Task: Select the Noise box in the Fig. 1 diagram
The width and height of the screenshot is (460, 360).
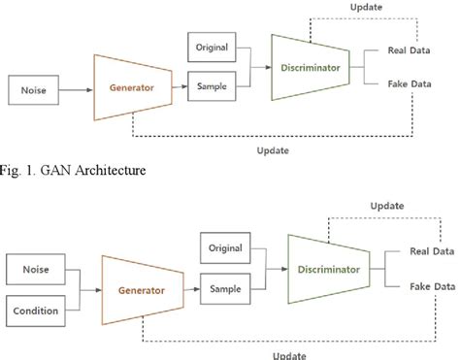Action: click(x=33, y=92)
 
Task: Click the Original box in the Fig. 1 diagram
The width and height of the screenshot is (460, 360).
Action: click(x=213, y=48)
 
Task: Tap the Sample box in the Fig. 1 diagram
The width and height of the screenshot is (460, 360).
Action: click(x=213, y=85)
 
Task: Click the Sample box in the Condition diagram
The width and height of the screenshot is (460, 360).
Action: click(x=227, y=289)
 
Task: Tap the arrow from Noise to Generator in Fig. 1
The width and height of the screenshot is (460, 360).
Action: click(x=77, y=92)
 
